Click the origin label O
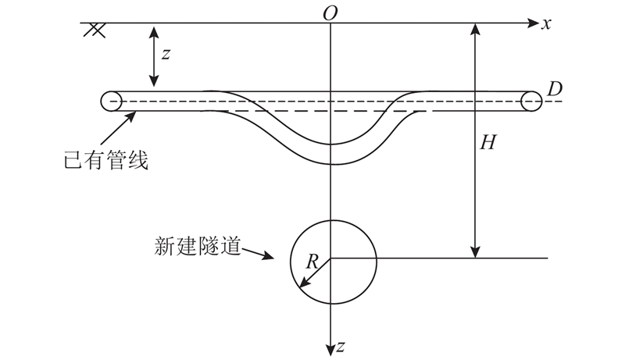[330, 13]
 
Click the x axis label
[546, 24]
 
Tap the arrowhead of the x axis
[533, 23]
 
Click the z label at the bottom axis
[340, 347]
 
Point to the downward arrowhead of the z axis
[330, 349]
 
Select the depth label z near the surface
[166, 54]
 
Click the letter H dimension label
[487, 142]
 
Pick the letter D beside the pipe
[555, 89]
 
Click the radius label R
[312, 262]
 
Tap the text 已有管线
[106, 160]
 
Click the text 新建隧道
[198, 246]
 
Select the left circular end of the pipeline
[111, 102]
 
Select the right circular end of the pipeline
[531, 102]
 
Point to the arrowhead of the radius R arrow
[304, 283]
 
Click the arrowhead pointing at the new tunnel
[268, 255]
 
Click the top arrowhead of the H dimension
[475, 30]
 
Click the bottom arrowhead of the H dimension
[475, 251]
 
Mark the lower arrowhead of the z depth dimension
[154, 80]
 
